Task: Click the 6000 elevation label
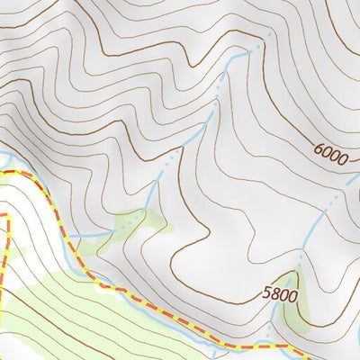click(330, 154)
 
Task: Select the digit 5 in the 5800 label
click(267, 293)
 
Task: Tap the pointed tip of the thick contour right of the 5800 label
click(298, 269)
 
